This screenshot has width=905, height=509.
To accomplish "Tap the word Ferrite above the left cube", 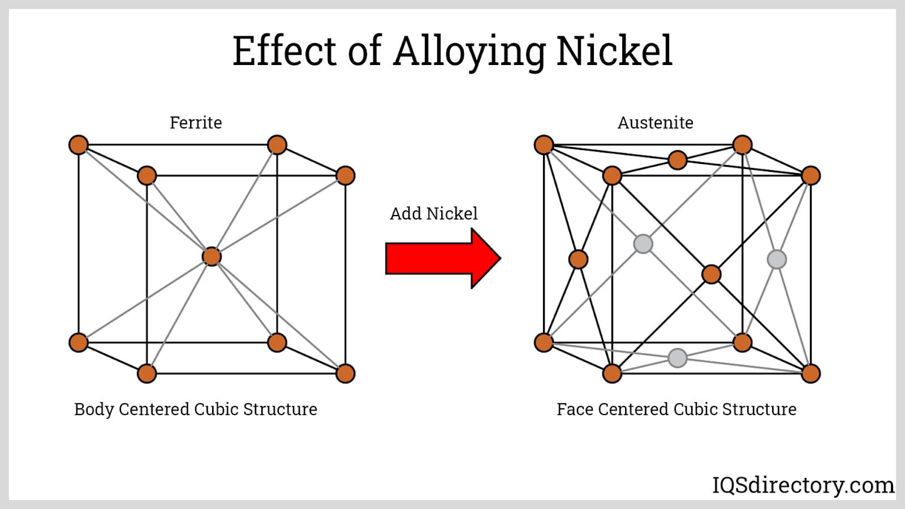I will coord(196,123).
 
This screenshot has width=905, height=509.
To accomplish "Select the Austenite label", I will coord(655,123).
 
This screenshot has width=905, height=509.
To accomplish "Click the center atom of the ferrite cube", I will coord(212,256).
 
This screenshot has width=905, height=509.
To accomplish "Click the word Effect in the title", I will coord(285,51).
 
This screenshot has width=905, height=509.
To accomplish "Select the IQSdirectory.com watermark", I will coord(803,485).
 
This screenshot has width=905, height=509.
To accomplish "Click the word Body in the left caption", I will coord(94,409).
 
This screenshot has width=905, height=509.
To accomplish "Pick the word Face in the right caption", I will coord(575,409).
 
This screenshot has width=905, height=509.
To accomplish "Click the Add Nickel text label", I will coord(434,214).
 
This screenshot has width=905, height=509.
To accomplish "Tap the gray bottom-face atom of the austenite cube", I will coord(677,357).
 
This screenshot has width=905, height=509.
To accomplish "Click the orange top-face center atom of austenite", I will coord(677,160).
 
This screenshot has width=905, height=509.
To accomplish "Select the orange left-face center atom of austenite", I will coord(578,259).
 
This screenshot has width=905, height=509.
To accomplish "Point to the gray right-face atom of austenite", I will coord(777,259).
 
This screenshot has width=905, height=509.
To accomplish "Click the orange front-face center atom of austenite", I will coord(711,274).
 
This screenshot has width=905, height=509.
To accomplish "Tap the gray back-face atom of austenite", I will coord(643,244).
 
